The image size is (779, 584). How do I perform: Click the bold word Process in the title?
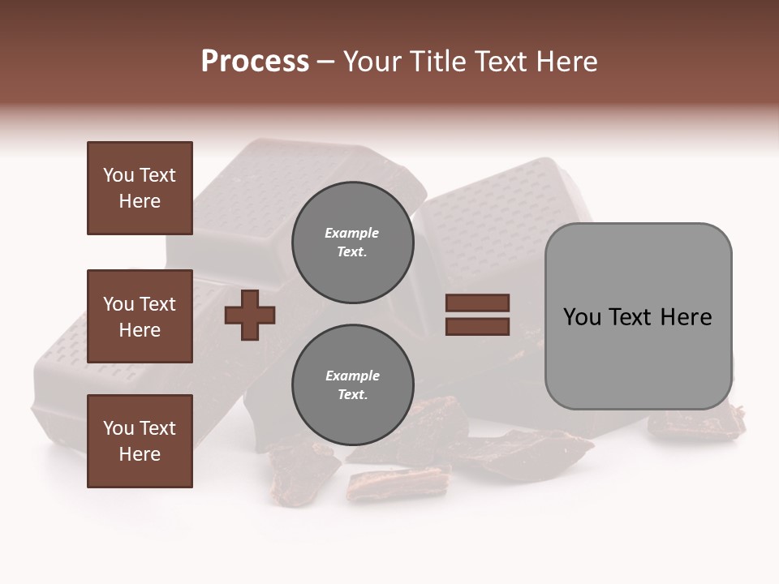255,62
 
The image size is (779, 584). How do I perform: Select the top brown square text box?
140,188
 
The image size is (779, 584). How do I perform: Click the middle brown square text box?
140,316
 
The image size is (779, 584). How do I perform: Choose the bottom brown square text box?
140,440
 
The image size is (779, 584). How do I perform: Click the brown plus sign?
250,314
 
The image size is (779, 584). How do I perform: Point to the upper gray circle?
352,242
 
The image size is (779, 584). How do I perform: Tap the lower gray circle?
352,384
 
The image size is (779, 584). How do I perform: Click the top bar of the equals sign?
477,303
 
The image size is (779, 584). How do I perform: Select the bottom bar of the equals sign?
477,326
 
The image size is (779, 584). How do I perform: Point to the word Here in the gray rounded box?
686,317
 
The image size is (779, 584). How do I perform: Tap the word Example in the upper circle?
352,233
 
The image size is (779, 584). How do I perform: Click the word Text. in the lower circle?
352,395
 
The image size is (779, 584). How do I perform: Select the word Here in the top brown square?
140,201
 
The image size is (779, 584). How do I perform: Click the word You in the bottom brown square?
118,428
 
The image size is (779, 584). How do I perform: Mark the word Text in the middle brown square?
157,304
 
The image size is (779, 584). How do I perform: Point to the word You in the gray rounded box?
582,317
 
